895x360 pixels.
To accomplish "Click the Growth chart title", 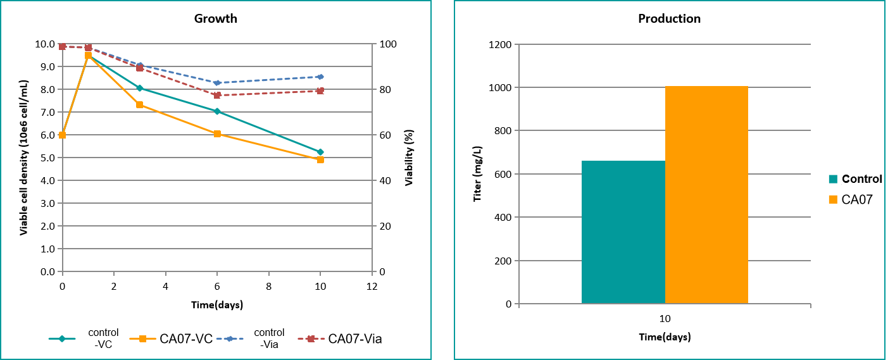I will pos(215,18).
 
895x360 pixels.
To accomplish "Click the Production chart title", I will pos(669,18).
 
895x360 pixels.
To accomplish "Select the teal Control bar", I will pos(623,232).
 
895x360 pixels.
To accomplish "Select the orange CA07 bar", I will pos(706,194).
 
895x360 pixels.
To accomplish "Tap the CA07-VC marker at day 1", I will pos(88,56).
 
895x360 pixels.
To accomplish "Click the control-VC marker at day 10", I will pos(320,152).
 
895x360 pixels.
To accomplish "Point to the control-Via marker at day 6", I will pos(217,83).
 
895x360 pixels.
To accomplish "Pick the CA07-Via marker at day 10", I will pos(320,90).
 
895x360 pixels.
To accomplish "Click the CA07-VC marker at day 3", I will pos(139,104).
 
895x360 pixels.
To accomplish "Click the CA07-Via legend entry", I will pos(345,338).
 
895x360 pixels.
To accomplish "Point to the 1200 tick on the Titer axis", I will pos(501,44).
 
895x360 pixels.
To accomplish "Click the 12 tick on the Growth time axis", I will pos(372,287).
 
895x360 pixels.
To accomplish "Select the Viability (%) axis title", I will pos(409,158).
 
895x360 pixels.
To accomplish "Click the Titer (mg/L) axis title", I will pos(479,174).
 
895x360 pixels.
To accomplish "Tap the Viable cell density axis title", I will pos(23,158).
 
